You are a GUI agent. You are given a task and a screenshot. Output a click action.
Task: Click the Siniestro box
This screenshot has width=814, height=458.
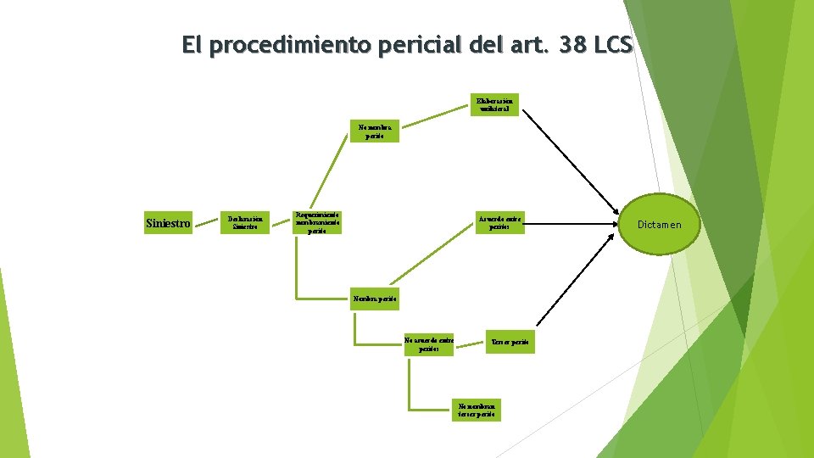click(168, 224)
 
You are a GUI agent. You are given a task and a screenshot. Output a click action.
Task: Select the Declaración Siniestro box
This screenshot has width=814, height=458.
click(246, 222)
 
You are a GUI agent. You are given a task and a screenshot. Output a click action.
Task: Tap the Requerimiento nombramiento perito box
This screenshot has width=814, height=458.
click(316, 222)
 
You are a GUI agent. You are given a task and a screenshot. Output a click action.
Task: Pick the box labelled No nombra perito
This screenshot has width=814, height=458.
click(370, 132)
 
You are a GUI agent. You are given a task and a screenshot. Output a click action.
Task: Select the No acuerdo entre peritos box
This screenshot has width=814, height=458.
click(428, 343)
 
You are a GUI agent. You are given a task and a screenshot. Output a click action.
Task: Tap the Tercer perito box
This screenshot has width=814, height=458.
click(510, 341)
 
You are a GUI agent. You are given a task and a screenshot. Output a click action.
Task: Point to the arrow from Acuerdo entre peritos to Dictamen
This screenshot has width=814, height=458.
click(568, 224)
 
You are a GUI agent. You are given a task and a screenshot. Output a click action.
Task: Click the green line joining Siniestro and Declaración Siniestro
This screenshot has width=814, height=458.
click(206, 224)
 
